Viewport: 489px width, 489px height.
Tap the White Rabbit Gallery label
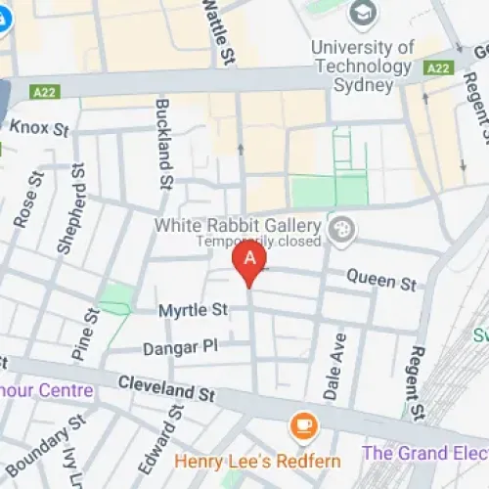click(239, 225)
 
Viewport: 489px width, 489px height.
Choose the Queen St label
click(380, 281)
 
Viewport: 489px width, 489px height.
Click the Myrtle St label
click(193, 310)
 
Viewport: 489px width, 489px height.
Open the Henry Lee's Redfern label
click(257, 461)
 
